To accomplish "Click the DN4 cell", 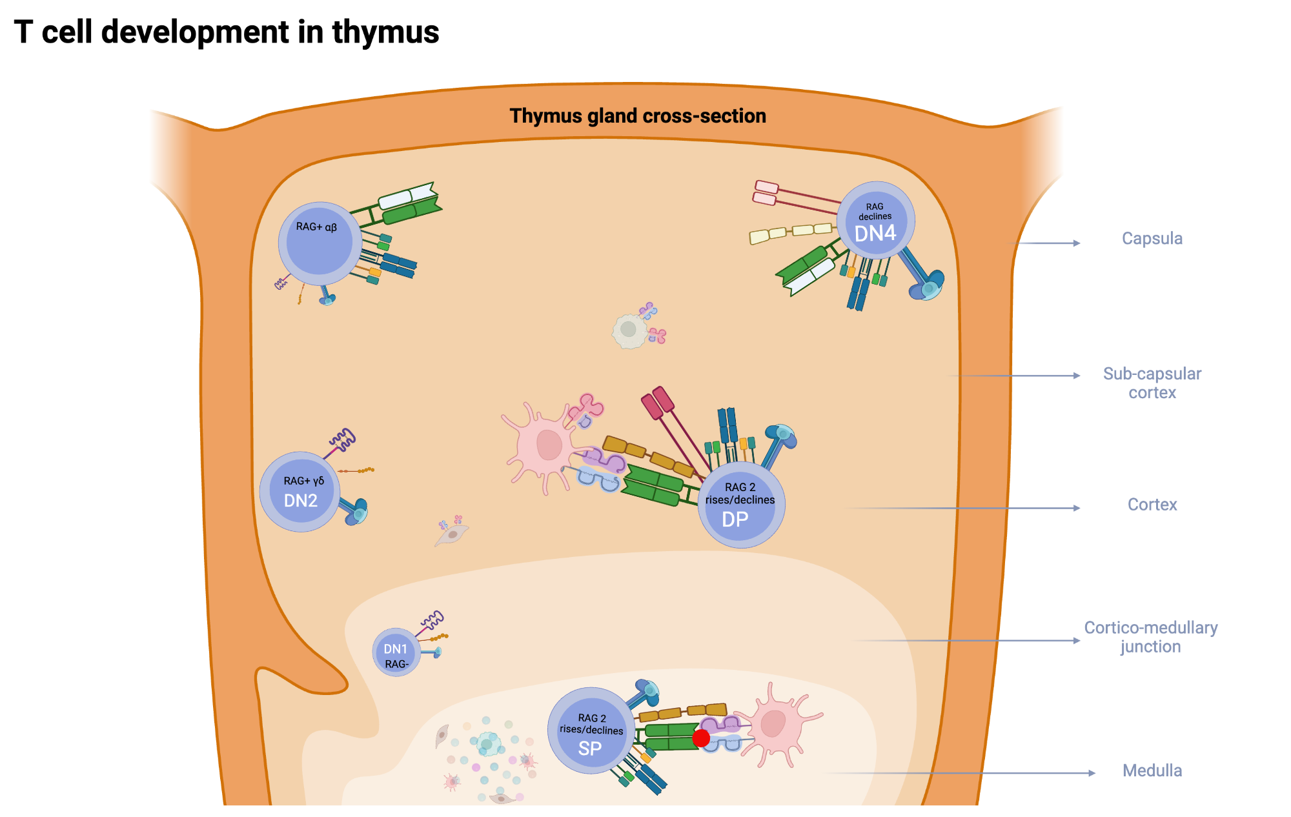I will pyautogui.click(x=875, y=221).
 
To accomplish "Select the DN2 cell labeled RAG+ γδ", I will pyautogui.click(x=300, y=492).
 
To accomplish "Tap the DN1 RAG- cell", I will pyautogui.click(x=396, y=652).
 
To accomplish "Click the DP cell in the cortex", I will pyautogui.click(x=741, y=505).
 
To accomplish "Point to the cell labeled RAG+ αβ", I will pyautogui.click(x=319, y=243).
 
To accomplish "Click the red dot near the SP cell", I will pyautogui.click(x=701, y=738).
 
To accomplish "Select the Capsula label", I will pyautogui.click(x=1152, y=238).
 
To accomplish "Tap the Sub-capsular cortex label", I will pyautogui.click(x=1152, y=383).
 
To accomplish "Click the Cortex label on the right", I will pyautogui.click(x=1152, y=505).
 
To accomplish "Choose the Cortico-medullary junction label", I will pyautogui.click(x=1150, y=637).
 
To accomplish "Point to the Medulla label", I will pyautogui.click(x=1152, y=771).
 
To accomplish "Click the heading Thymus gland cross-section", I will pyautogui.click(x=638, y=116).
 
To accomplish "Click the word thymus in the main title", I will pyautogui.click(x=385, y=32).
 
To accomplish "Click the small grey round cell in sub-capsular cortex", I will pyautogui.click(x=629, y=330).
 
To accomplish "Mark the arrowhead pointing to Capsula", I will pyautogui.click(x=1076, y=243).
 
